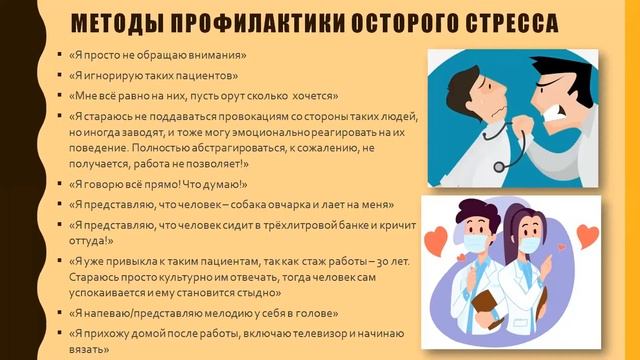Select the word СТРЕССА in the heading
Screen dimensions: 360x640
click(524, 23)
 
